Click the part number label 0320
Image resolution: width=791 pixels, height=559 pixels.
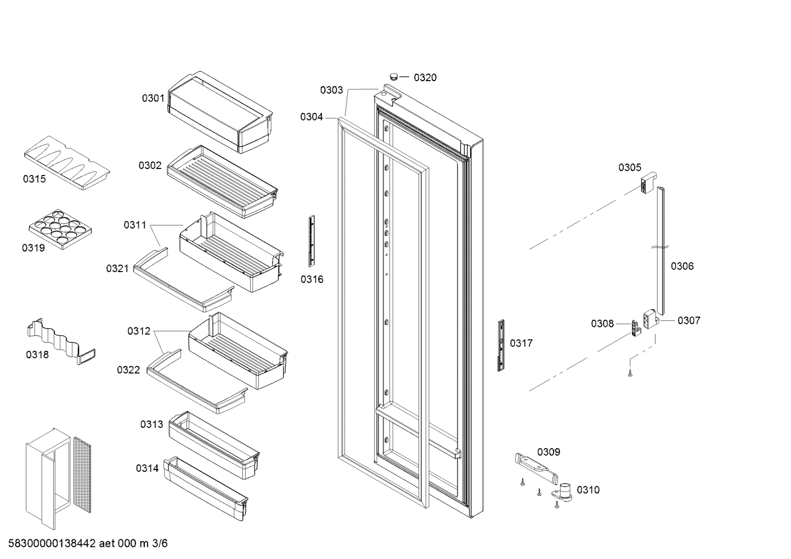click(x=425, y=77)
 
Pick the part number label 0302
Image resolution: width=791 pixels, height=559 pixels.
click(x=150, y=165)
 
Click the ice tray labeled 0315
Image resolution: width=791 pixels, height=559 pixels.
click(x=67, y=162)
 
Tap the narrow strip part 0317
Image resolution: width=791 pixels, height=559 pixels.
click(x=501, y=346)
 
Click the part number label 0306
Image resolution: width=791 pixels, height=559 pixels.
click(x=682, y=266)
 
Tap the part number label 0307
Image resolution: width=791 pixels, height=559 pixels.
click(x=688, y=320)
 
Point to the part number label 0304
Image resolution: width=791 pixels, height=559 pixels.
click(x=312, y=116)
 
